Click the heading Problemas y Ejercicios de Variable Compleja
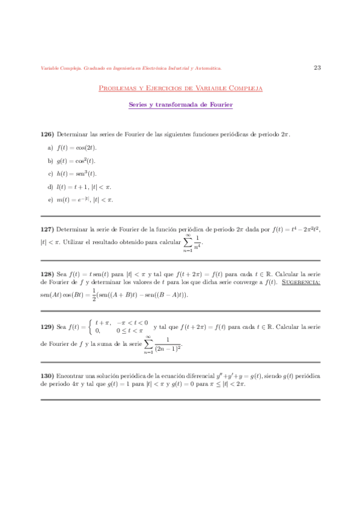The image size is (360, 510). (180, 88)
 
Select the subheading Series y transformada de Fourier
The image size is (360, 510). (180, 105)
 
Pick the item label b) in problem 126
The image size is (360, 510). (50, 161)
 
